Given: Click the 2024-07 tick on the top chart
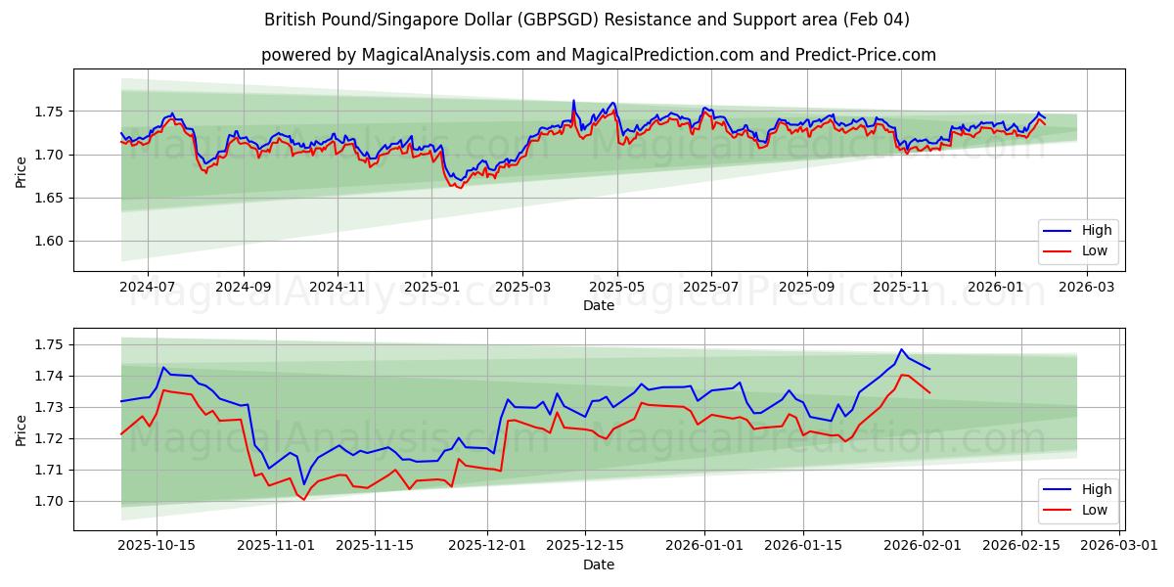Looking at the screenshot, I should (x=148, y=287).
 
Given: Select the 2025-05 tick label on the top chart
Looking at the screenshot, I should (x=617, y=287).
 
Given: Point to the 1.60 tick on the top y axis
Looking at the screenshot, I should (x=50, y=242).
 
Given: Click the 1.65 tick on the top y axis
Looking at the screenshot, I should (x=50, y=199).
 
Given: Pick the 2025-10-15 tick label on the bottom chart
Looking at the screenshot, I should (x=158, y=546).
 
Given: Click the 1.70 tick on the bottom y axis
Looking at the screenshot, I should (x=50, y=502).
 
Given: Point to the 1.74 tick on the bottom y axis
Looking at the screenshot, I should (x=50, y=377).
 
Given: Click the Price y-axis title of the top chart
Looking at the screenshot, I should (x=22, y=170).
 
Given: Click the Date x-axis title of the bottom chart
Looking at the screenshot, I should (x=599, y=564).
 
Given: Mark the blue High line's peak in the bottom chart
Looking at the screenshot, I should (x=902, y=349).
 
